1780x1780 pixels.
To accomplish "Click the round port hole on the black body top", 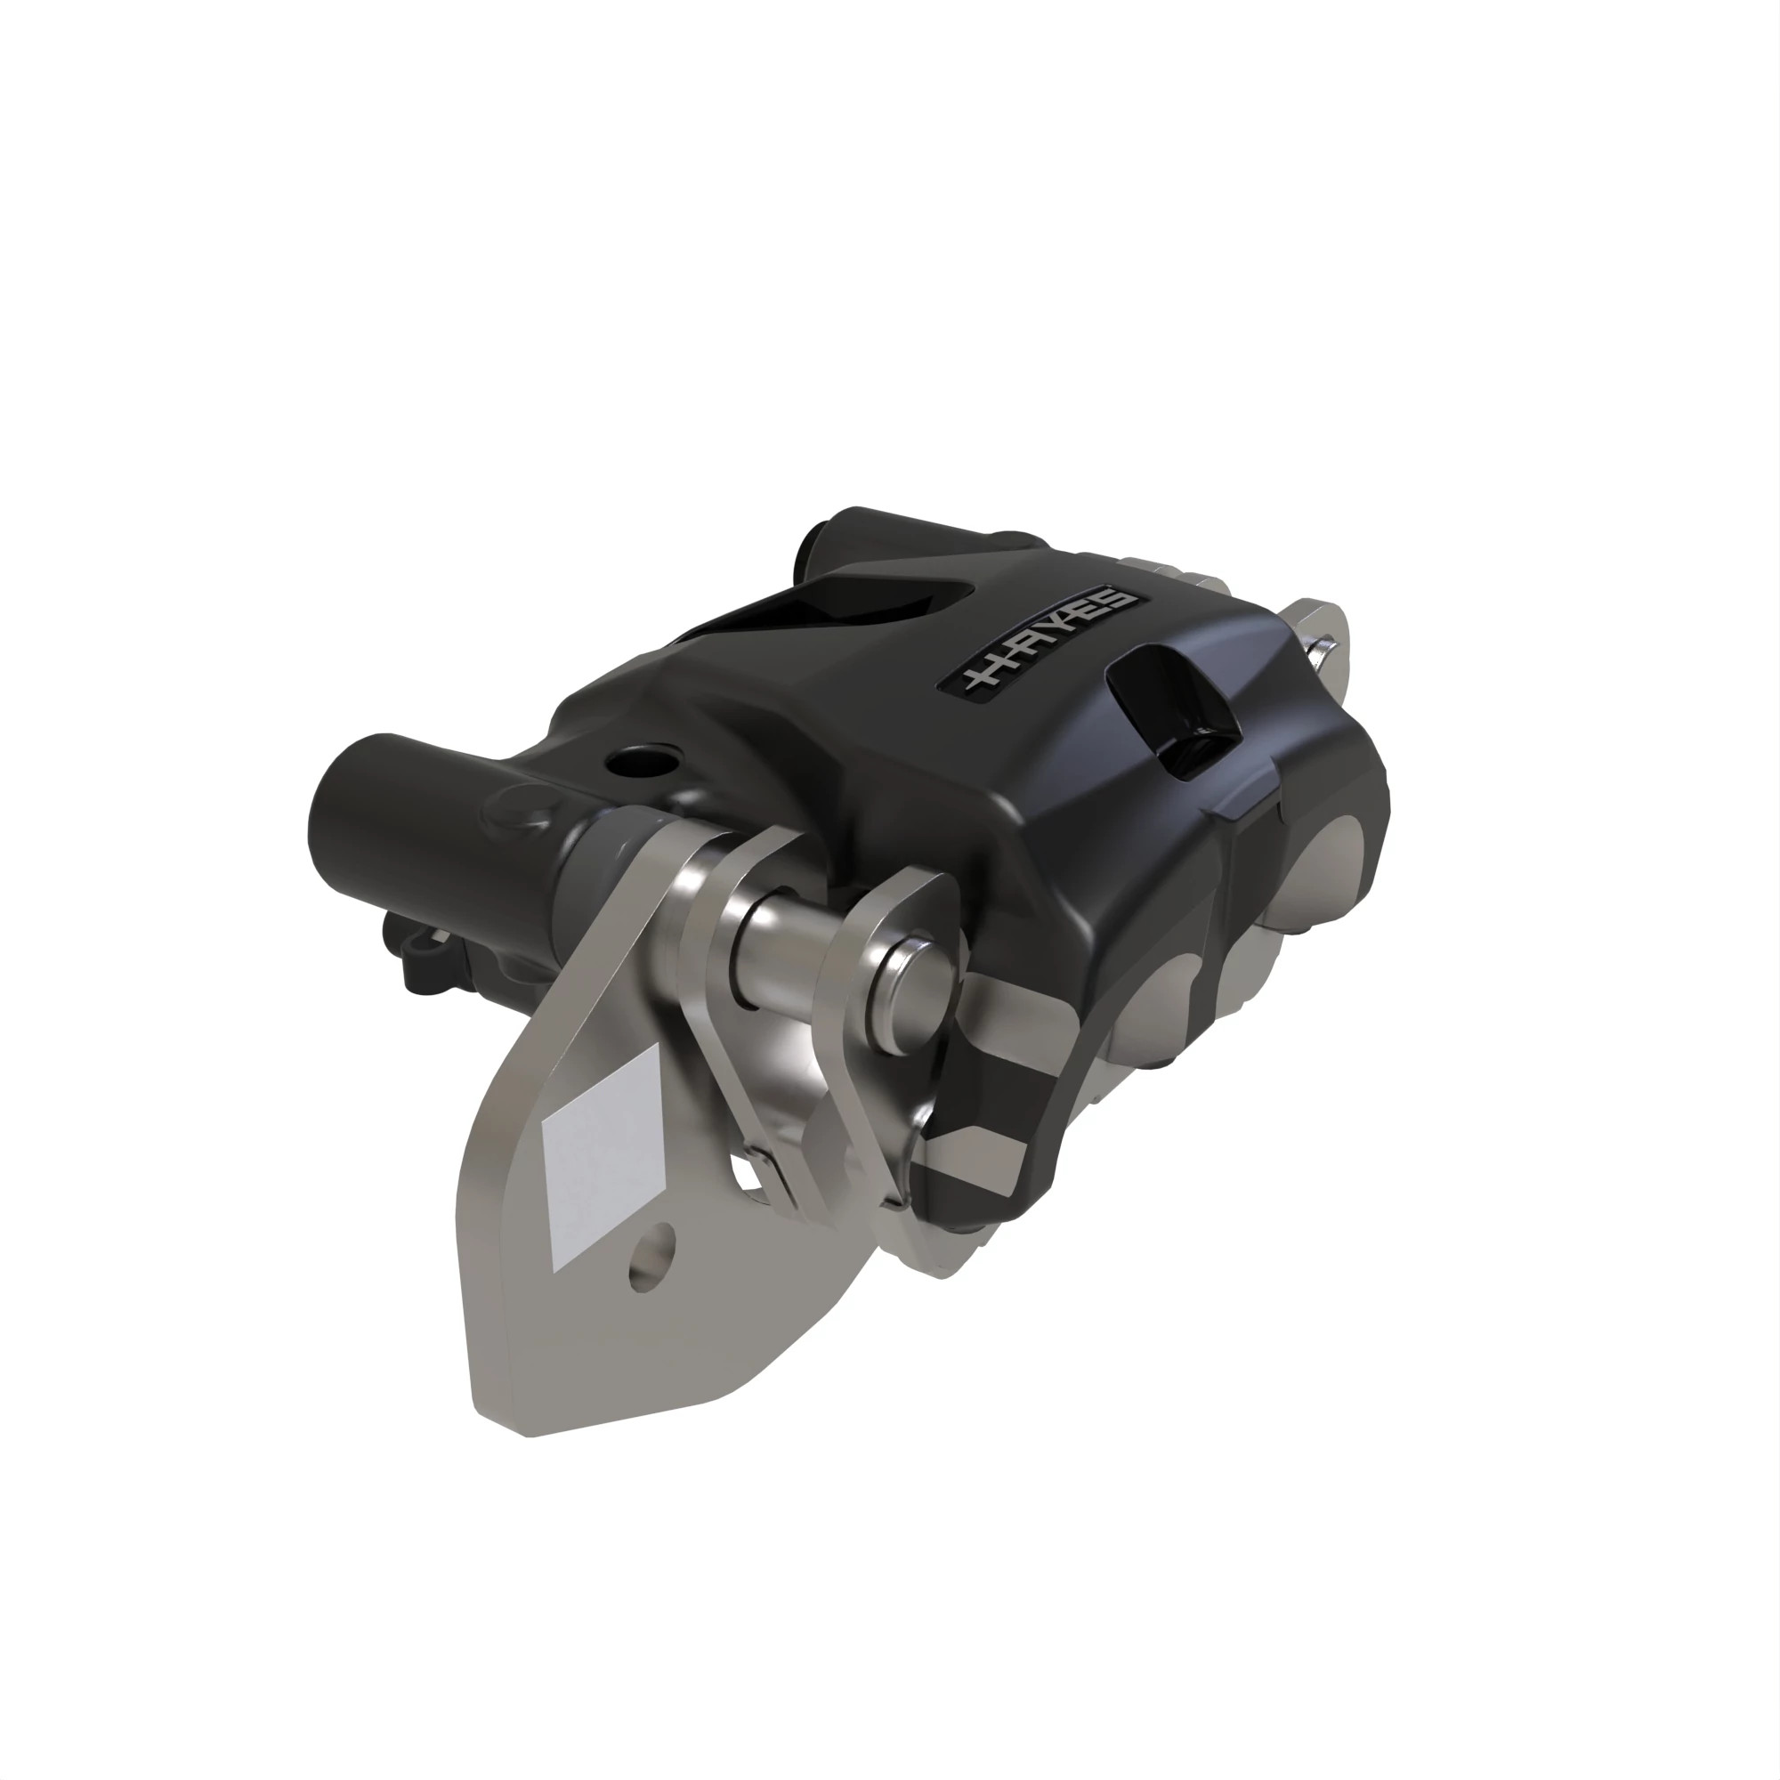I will tap(639, 761).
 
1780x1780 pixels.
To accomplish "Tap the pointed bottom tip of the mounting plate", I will tap(525, 1428).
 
